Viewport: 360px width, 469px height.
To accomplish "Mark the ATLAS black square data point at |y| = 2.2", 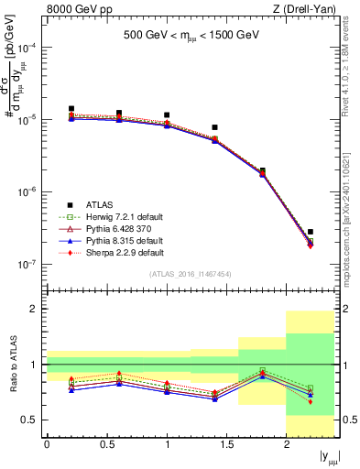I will [x=311, y=232].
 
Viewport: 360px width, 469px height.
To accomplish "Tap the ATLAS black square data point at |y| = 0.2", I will [x=71, y=109].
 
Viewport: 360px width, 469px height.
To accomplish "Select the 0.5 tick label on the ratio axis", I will [x=32, y=420].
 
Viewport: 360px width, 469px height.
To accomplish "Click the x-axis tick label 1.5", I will [x=226, y=444].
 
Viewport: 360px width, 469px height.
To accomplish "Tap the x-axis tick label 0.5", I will [x=106, y=444].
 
